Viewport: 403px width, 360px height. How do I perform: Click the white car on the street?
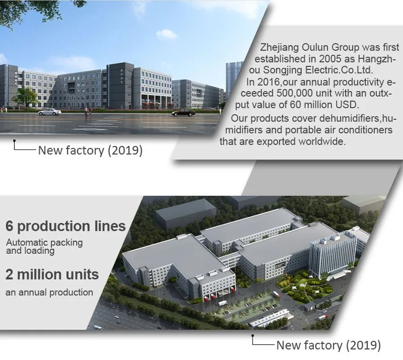(50, 112)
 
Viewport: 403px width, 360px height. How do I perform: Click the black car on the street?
(184, 112)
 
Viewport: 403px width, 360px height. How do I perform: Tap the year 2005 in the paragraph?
(330, 59)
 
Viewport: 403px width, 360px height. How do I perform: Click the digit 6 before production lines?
(9, 226)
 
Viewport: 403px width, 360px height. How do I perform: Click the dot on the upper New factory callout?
(14, 141)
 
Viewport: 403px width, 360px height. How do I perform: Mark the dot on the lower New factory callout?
(253, 335)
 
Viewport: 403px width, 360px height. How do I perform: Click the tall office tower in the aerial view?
(333, 257)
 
